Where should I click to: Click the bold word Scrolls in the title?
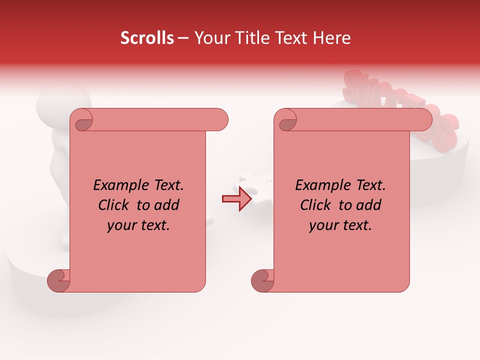[147, 38]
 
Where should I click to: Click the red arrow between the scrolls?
[237, 199]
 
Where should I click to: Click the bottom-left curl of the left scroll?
[59, 280]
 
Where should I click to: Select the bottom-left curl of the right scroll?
[262, 280]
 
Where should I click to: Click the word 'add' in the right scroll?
[366, 205]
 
